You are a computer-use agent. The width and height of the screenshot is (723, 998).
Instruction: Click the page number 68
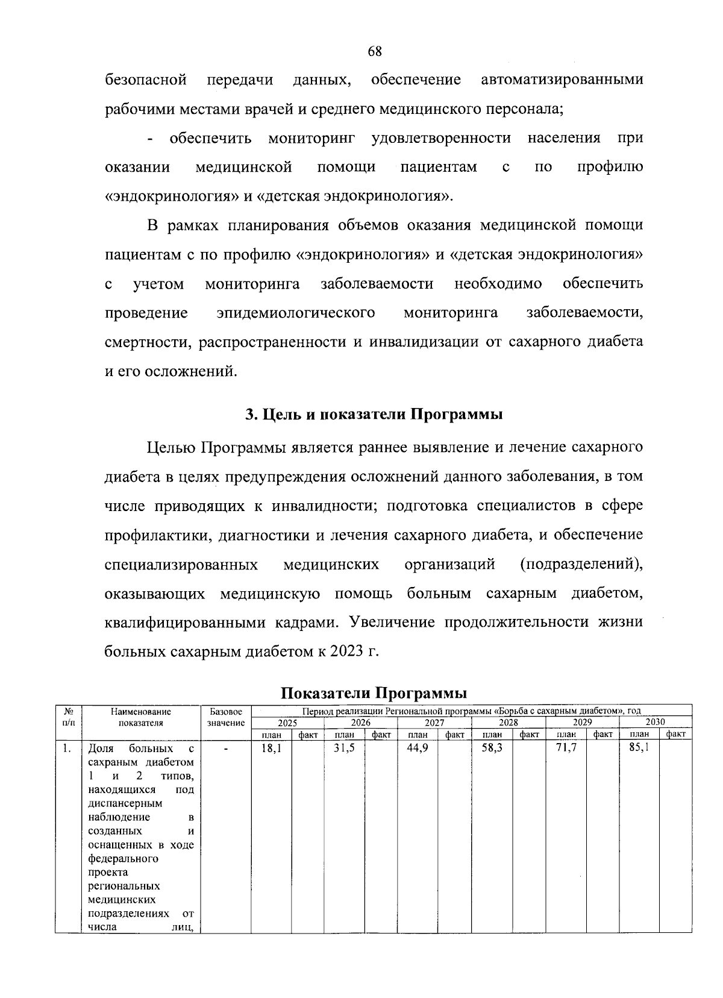click(x=374, y=51)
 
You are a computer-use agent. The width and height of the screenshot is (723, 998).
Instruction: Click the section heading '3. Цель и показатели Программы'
click(x=374, y=415)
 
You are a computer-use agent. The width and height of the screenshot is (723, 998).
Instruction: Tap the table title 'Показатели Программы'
click(x=374, y=692)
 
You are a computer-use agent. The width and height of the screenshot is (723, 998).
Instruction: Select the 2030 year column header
click(x=655, y=722)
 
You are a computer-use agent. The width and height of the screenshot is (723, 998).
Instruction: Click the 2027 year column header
click(x=434, y=722)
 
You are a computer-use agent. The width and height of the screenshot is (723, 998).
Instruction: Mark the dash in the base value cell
click(x=226, y=749)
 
